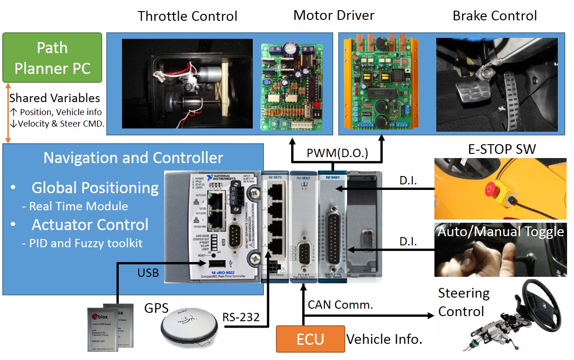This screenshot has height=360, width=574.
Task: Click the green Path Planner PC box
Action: (52, 58)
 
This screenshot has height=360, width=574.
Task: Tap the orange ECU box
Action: (310, 339)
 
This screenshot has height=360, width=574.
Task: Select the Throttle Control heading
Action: (188, 17)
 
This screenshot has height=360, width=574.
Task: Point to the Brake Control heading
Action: (495, 16)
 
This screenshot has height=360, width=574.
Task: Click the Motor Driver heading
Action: (334, 15)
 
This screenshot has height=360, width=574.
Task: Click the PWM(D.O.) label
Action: (337, 153)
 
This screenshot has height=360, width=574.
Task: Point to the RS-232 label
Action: (241, 317)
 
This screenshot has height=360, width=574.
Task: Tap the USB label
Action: (147, 272)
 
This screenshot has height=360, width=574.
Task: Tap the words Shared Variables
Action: (55, 98)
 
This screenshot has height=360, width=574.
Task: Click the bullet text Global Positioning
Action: (95, 188)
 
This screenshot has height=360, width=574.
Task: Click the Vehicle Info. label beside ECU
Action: (384, 340)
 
